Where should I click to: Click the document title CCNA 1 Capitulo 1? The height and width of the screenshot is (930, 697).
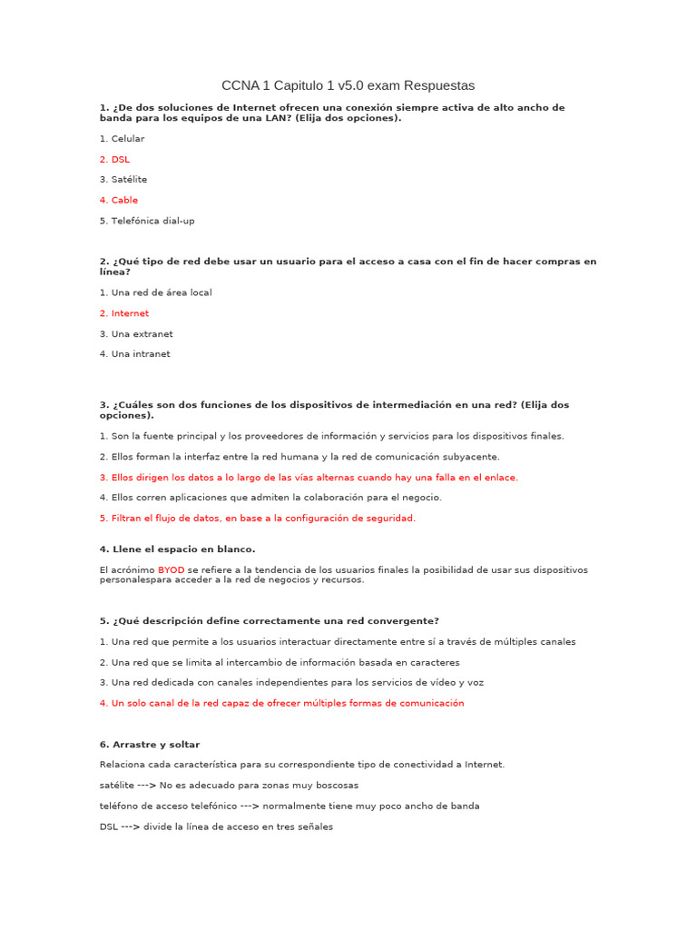click(348, 85)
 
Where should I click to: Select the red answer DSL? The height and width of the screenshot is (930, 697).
click(115, 159)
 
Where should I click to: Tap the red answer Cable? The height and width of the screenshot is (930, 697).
click(119, 200)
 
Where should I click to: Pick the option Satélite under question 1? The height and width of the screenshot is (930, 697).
click(123, 180)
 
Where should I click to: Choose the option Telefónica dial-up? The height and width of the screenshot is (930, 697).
click(147, 221)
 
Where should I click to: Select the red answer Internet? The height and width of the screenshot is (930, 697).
click(124, 313)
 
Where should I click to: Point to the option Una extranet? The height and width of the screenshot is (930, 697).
click(136, 334)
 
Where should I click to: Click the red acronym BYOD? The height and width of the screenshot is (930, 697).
click(171, 569)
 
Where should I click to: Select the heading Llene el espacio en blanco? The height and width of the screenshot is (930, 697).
click(177, 549)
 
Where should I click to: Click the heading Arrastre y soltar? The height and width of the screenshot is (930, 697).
click(150, 744)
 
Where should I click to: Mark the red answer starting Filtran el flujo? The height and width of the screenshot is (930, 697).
click(258, 518)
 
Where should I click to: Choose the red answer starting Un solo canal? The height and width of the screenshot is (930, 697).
click(281, 703)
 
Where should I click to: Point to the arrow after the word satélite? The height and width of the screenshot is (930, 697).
click(145, 785)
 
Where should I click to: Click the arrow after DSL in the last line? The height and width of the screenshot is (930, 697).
click(131, 826)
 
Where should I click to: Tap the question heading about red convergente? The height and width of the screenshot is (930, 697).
click(269, 620)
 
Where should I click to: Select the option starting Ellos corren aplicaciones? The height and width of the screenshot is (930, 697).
click(270, 498)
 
